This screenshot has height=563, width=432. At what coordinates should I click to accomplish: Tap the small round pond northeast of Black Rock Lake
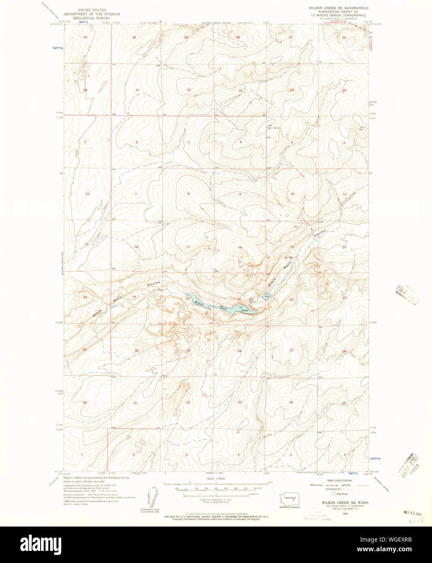pos(252,301)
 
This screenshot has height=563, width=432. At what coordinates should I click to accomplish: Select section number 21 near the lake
pos(239,299)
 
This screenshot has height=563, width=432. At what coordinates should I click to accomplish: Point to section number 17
pos(188,247)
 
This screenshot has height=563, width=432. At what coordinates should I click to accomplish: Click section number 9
pos(240,194)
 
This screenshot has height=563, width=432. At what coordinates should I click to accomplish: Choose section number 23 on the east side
pos(344,298)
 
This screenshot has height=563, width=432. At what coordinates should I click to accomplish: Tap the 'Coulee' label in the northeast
pos(320,233)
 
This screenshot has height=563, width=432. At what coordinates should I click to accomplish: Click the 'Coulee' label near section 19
pos(154,284)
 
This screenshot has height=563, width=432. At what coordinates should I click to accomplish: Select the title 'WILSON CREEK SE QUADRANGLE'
pos(338,8)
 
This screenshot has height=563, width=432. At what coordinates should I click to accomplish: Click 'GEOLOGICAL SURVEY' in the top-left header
pos(92,18)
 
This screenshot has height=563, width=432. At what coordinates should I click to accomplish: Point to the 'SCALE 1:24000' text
pos(215,479)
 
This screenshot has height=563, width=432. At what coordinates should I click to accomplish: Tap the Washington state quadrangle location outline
pos(290,499)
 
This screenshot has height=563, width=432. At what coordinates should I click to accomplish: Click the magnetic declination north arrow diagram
pos(150,499)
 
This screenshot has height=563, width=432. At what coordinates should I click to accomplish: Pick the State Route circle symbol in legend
pos(333,494)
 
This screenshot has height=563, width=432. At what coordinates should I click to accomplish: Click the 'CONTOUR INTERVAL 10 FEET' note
pos(215,500)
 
